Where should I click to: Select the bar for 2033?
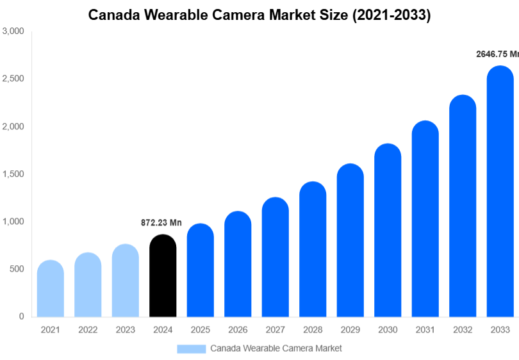click(500, 192)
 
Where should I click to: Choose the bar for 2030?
click(388, 231)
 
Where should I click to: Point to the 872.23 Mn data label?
click(161, 223)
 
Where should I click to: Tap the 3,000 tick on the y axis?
click(13, 31)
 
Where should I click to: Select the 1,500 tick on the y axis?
click(13, 174)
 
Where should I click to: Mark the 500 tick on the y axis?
click(17, 269)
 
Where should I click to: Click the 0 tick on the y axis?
click(22, 316)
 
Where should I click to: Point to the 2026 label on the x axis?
click(238, 330)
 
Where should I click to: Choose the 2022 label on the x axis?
click(88, 330)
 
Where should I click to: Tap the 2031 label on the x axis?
click(425, 330)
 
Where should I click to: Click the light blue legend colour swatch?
click(192, 348)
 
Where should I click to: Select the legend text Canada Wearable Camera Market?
click(276, 348)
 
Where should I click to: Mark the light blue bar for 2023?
click(125, 281)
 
